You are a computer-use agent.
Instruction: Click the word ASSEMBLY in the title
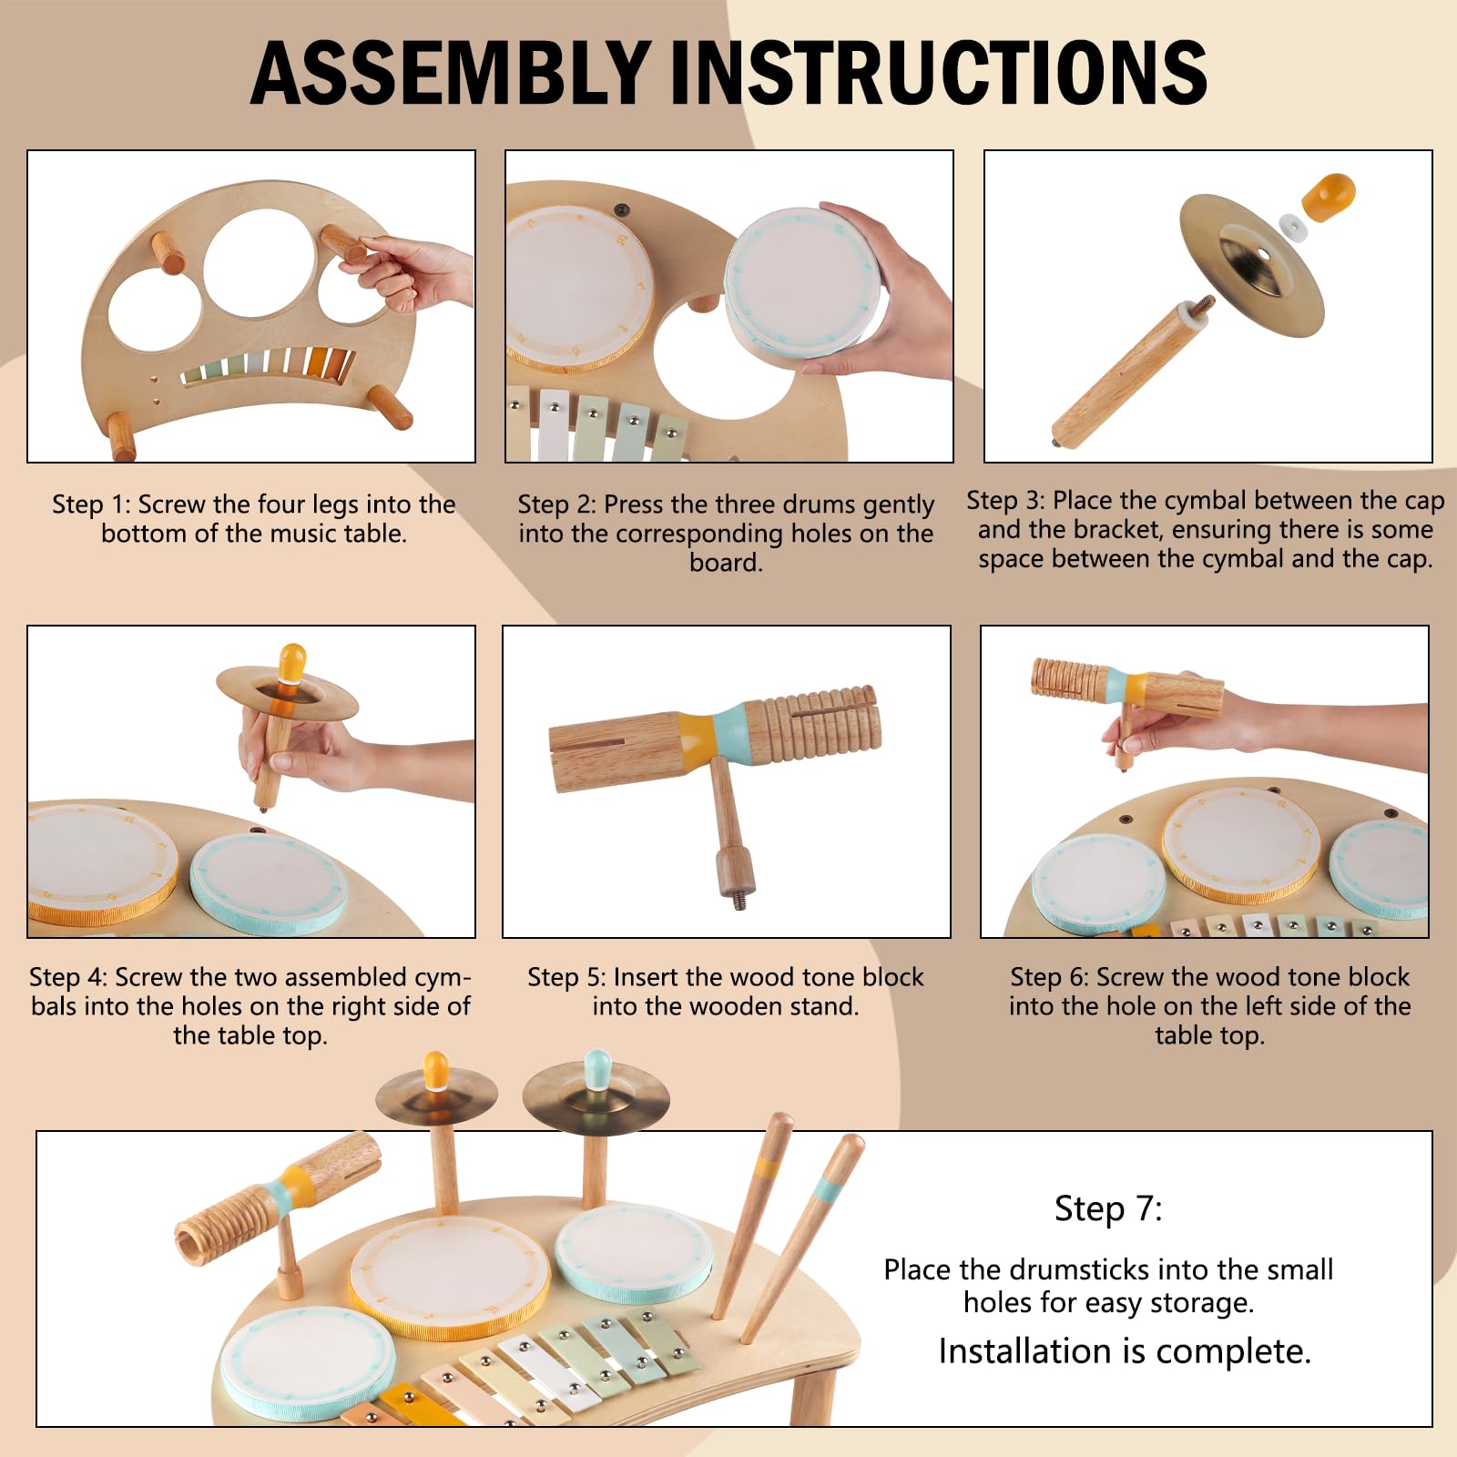(x=450, y=73)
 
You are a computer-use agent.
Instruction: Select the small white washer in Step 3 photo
(x=1293, y=227)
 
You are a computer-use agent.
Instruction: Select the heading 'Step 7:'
(x=1108, y=1208)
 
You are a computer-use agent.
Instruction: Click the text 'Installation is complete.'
(x=1125, y=1351)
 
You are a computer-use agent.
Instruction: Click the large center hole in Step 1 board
(x=260, y=263)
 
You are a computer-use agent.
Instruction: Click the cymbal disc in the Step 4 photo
(x=287, y=696)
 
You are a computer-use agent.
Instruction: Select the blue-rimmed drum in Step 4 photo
(x=269, y=883)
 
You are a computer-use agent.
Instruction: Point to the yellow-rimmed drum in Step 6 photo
(x=1241, y=845)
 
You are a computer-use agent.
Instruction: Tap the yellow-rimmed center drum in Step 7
(x=450, y=1278)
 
